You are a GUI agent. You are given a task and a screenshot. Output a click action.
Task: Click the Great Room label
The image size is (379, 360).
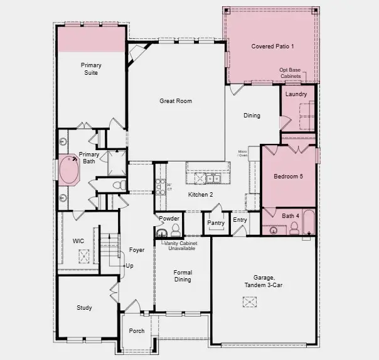click(175, 101)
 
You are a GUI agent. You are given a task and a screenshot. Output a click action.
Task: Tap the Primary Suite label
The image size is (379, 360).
click(91, 68)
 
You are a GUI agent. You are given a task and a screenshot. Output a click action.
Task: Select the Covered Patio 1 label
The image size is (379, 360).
click(272, 46)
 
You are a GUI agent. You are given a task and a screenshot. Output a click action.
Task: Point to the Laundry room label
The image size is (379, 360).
click(296, 94)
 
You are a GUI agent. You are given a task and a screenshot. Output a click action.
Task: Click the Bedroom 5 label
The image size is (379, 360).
click(288, 177)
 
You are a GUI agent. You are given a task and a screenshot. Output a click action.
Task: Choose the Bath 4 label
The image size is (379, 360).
click(291, 216)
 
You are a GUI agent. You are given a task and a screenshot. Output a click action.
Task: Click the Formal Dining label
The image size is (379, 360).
click(183, 276)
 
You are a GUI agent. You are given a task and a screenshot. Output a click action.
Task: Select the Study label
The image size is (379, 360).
click(84, 308)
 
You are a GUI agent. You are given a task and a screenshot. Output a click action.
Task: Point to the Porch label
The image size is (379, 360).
click(136, 331)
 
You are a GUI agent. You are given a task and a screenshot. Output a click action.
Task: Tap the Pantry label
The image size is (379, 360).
click(216, 223)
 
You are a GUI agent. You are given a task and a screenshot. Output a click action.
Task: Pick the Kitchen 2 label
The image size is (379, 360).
click(201, 195)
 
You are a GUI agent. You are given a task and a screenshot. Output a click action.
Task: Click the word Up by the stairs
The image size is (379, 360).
click(129, 266)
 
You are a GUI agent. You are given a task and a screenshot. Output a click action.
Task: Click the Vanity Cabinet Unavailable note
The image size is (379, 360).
click(179, 246)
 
